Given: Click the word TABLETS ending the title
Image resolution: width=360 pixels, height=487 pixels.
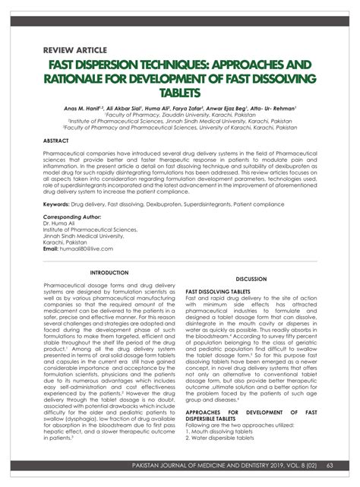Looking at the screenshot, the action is (x=179, y=93).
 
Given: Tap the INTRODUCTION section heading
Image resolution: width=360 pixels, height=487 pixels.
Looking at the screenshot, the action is (x=109, y=272).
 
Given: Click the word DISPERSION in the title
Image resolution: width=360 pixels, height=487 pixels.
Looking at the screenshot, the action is (x=122, y=67).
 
